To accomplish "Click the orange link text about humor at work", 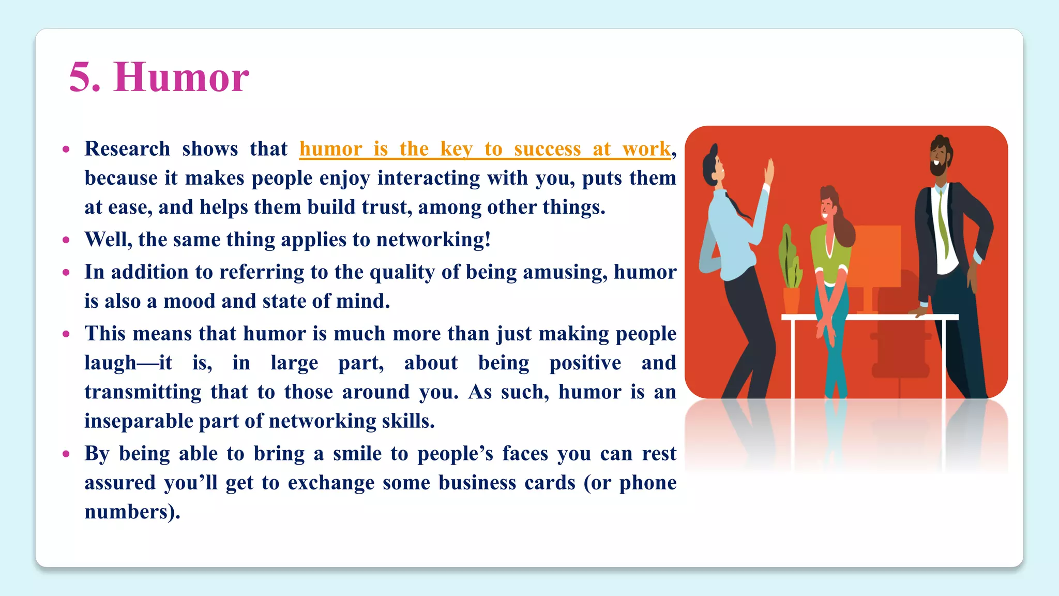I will pyautogui.click(x=485, y=149).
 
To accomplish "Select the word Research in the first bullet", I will pyautogui.click(x=127, y=149).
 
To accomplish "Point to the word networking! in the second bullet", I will pyautogui.click(x=433, y=240).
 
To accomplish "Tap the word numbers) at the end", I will pyautogui.click(x=132, y=512).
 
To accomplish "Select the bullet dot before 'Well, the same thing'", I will pyautogui.click(x=66, y=240).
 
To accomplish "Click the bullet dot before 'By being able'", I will pyautogui.click(x=66, y=454).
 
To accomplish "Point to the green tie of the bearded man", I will pyautogui.click(x=943, y=222).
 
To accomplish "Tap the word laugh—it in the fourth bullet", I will pyautogui.click(x=128, y=363).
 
